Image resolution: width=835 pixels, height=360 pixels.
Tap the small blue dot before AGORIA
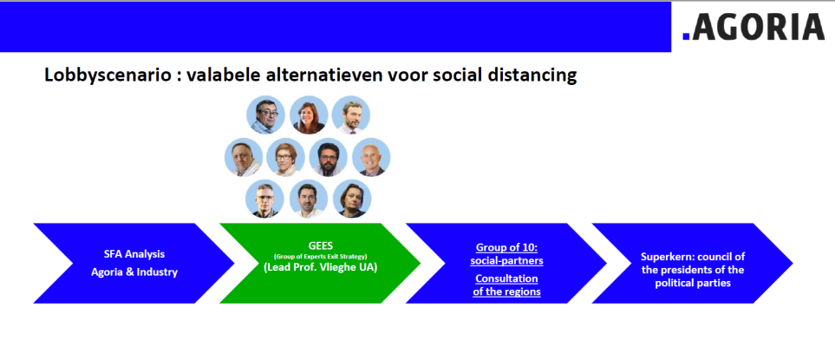(686, 36)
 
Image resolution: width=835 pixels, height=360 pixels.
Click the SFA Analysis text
(134, 254)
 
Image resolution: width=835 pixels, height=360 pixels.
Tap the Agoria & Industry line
(134, 272)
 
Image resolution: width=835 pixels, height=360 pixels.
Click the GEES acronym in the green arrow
(320, 247)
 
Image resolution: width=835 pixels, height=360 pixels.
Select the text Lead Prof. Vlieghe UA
(320, 268)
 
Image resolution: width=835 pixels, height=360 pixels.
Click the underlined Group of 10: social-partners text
(506, 254)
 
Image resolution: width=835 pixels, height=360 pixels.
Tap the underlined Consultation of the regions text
(506, 285)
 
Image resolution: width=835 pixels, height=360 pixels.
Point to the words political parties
(692, 284)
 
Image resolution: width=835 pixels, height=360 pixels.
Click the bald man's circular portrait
(371, 157)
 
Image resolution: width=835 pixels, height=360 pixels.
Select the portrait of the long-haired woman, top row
(309, 115)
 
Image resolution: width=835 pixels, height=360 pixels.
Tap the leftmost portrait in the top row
(265, 115)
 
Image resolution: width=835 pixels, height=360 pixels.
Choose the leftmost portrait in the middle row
(244, 157)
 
